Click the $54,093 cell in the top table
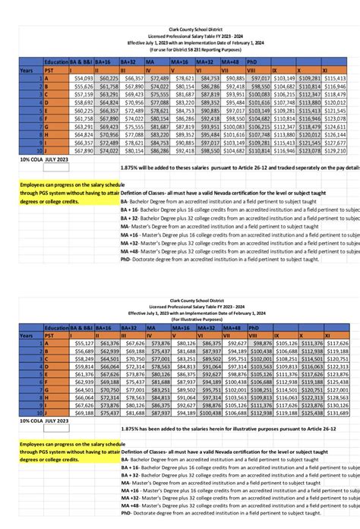click(x=81, y=78)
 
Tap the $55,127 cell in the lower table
click(x=81, y=343)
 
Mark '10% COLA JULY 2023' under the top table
click(x=49, y=160)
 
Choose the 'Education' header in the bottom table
click(x=56, y=327)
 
